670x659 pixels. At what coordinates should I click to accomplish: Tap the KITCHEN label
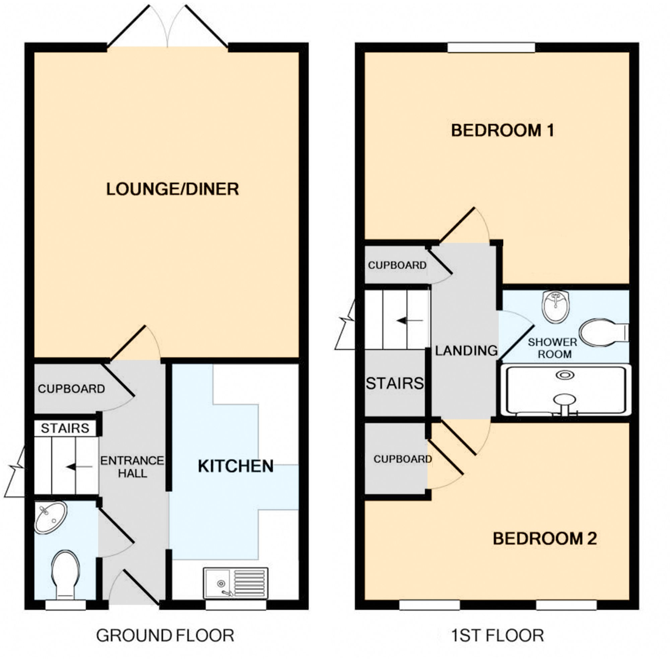(x=236, y=466)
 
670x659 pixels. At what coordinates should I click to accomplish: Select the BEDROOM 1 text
(x=503, y=131)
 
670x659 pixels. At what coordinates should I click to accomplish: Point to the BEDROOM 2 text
(x=545, y=538)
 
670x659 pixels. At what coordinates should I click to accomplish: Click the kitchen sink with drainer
(x=236, y=583)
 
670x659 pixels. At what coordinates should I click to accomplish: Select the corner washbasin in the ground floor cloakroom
(x=51, y=518)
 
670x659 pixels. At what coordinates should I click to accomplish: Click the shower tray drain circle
(x=565, y=375)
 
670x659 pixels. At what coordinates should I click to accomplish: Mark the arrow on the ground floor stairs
(x=79, y=467)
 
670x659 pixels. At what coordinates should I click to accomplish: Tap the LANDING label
(x=466, y=351)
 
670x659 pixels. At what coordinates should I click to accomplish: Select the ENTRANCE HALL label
(x=132, y=467)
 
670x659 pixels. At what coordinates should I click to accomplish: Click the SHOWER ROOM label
(x=553, y=348)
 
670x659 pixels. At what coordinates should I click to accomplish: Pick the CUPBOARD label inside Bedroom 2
(x=403, y=459)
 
